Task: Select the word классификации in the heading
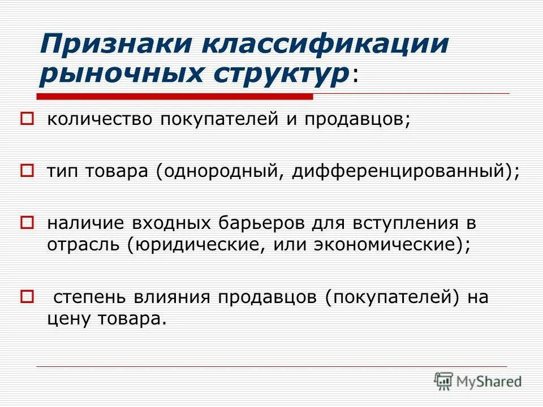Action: tap(320, 45)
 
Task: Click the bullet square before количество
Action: tap(27, 119)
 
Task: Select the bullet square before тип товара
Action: tap(27, 170)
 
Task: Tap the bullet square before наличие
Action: tap(27, 221)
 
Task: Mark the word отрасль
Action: tap(84, 244)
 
